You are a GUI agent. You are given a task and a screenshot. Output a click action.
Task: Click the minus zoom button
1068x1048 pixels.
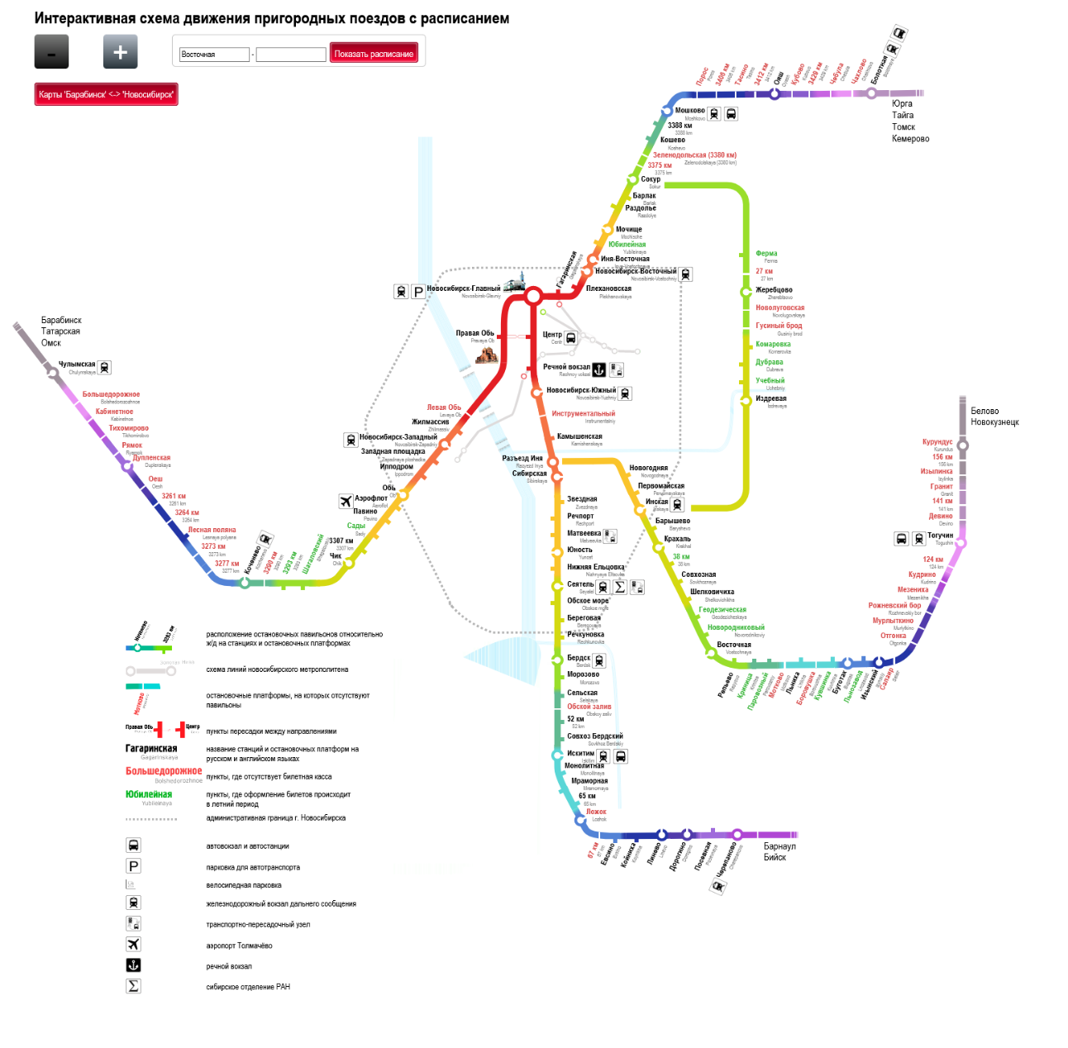tap(51, 52)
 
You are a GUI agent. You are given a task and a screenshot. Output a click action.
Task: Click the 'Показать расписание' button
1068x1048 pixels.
tap(374, 54)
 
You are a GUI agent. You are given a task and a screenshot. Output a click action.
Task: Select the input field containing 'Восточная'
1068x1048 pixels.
tap(214, 55)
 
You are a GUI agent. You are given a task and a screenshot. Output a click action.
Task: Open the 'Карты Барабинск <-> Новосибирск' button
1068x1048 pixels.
tap(106, 94)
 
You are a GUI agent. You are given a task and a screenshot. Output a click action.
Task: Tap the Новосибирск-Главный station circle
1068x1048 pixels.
tap(533, 296)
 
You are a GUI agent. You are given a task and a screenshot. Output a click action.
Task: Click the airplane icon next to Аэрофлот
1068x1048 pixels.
tap(346, 501)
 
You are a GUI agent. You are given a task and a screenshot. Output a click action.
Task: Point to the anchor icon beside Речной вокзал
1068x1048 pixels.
tap(599, 369)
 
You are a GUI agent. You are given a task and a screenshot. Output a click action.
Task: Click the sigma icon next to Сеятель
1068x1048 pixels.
tap(620, 587)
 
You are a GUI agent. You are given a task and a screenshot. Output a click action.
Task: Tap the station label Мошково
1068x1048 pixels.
tap(689, 111)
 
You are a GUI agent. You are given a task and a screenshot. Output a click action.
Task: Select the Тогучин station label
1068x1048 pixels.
tap(940, 536)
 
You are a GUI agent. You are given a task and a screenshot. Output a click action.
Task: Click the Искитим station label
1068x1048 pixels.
tap(580, 753)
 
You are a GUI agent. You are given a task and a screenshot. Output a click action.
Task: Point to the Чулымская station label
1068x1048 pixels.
tap(77, 364)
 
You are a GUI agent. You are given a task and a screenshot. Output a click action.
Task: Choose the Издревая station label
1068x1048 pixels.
tap(770, 398)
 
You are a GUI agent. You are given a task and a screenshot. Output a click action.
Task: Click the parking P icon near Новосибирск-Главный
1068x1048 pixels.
tap(418, 291)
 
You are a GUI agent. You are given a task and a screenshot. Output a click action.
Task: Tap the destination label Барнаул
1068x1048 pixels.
tap(780, 846)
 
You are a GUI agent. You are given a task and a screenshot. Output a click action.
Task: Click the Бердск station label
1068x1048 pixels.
tap(579, 658)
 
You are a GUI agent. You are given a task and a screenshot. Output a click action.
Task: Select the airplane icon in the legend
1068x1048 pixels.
tap(133, 944)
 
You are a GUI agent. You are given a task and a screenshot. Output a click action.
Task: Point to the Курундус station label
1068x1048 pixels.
tap(937, 442)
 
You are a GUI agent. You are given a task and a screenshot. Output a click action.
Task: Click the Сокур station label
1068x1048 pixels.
tap(651, 179)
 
